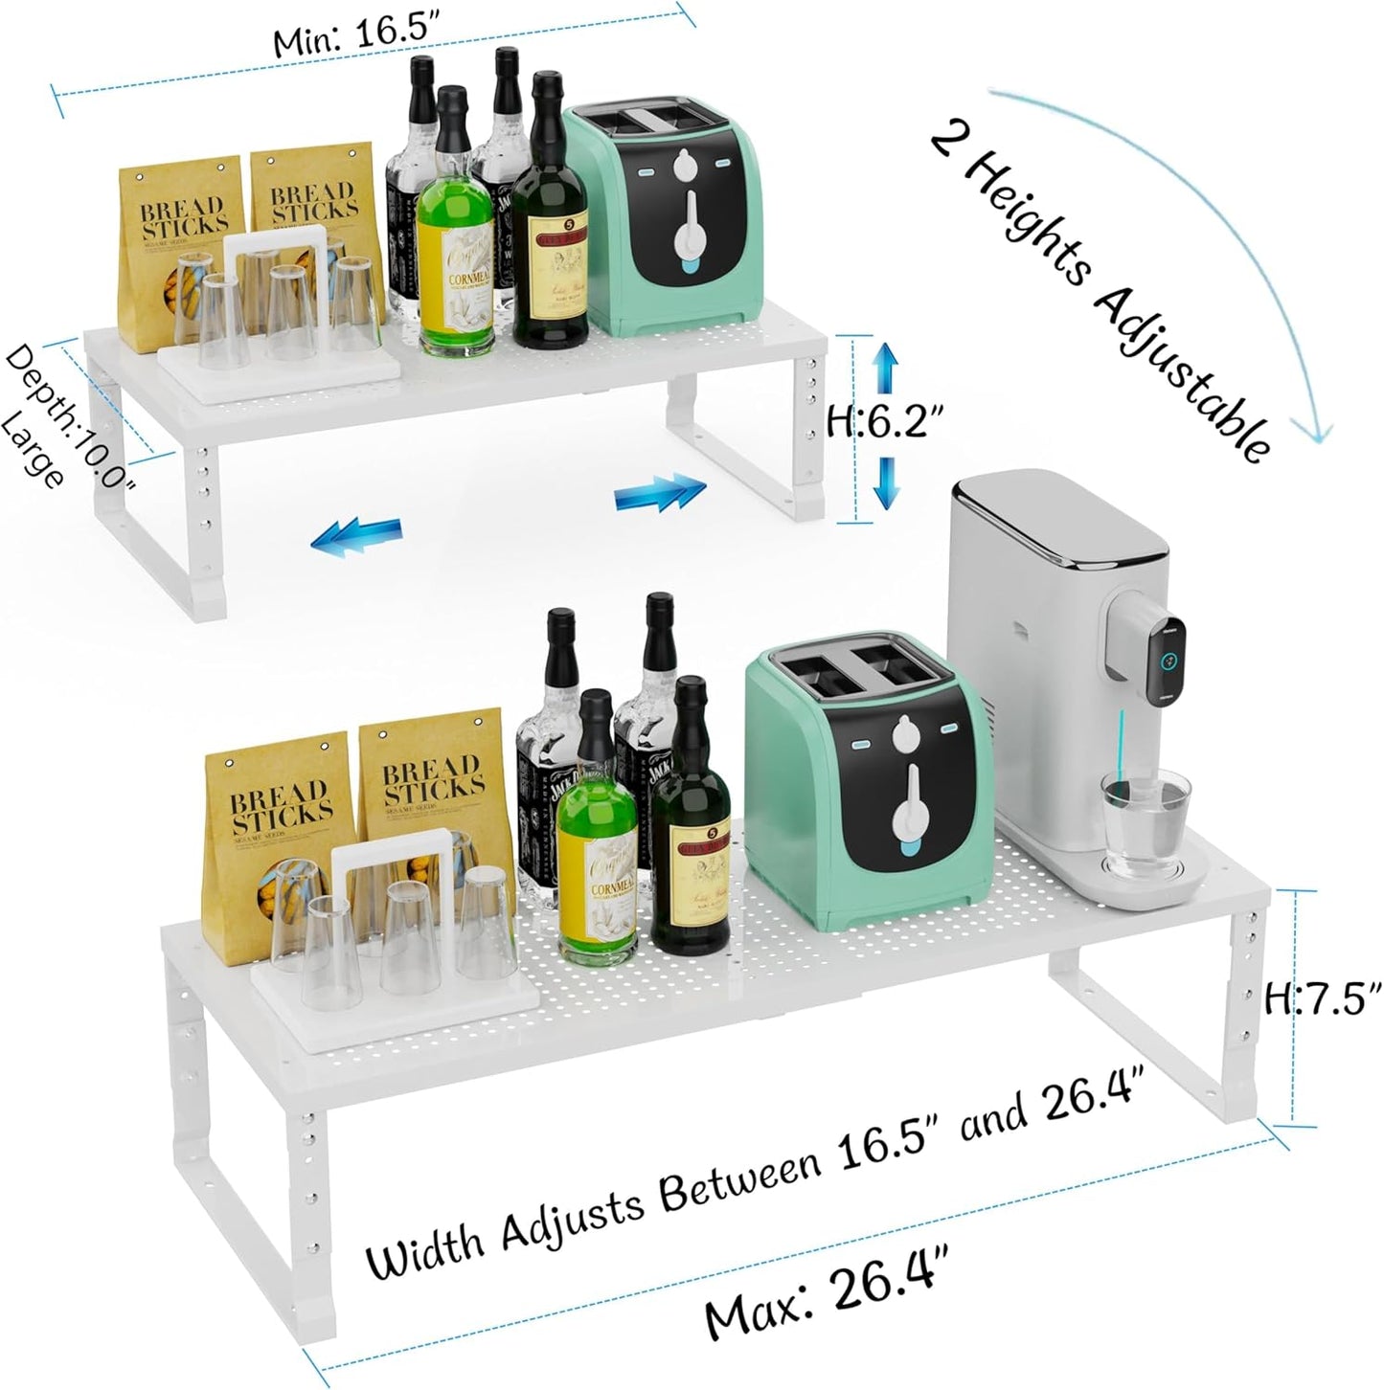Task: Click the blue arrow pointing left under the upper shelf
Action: (355, 533)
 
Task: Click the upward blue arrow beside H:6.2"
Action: (886, 368)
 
